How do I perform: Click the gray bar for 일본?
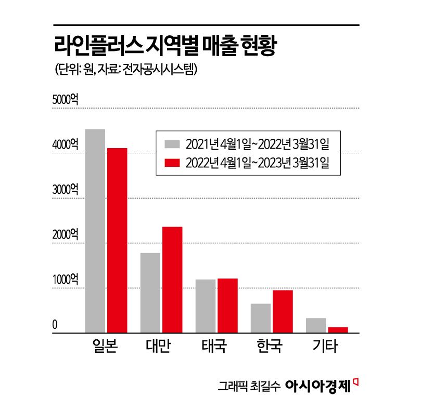coord(95,231)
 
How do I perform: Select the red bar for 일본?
coord(117,240)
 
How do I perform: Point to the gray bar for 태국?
coord(206,306)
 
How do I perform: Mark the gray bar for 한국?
coord(261,318)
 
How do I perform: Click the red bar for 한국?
coord(283,311)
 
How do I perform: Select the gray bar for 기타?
coord(316,325)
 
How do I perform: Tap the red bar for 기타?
coord(338,329)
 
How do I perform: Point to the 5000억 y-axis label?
coord(65,100)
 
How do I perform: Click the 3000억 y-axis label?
coord(65,189)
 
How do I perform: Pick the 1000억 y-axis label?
coord(65,279)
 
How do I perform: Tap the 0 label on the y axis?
coord(55,325)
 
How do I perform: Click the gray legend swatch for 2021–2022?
coord(172,143)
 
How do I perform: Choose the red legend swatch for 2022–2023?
coord(172,163)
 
